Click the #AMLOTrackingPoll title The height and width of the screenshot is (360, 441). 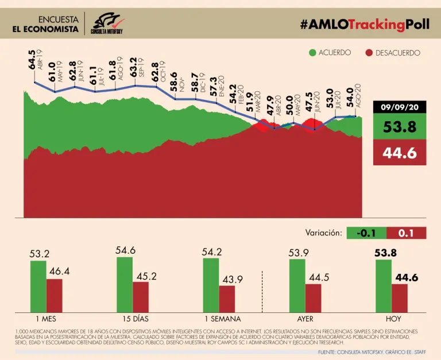click(364, 24)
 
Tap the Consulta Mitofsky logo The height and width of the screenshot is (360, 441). click(107, 24)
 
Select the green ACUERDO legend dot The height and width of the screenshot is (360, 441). click(312, 53)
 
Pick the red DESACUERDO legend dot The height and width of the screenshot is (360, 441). click(370, 53)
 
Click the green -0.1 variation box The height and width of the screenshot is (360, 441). click(366, 233)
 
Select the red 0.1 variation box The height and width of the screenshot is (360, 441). click(407, 233)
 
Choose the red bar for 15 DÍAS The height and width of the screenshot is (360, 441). click(141, 296)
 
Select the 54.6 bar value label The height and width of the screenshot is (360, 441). click(125, 250)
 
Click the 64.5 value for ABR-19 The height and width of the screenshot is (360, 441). click(32, 60)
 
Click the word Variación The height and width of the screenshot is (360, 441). click(324, 233)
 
